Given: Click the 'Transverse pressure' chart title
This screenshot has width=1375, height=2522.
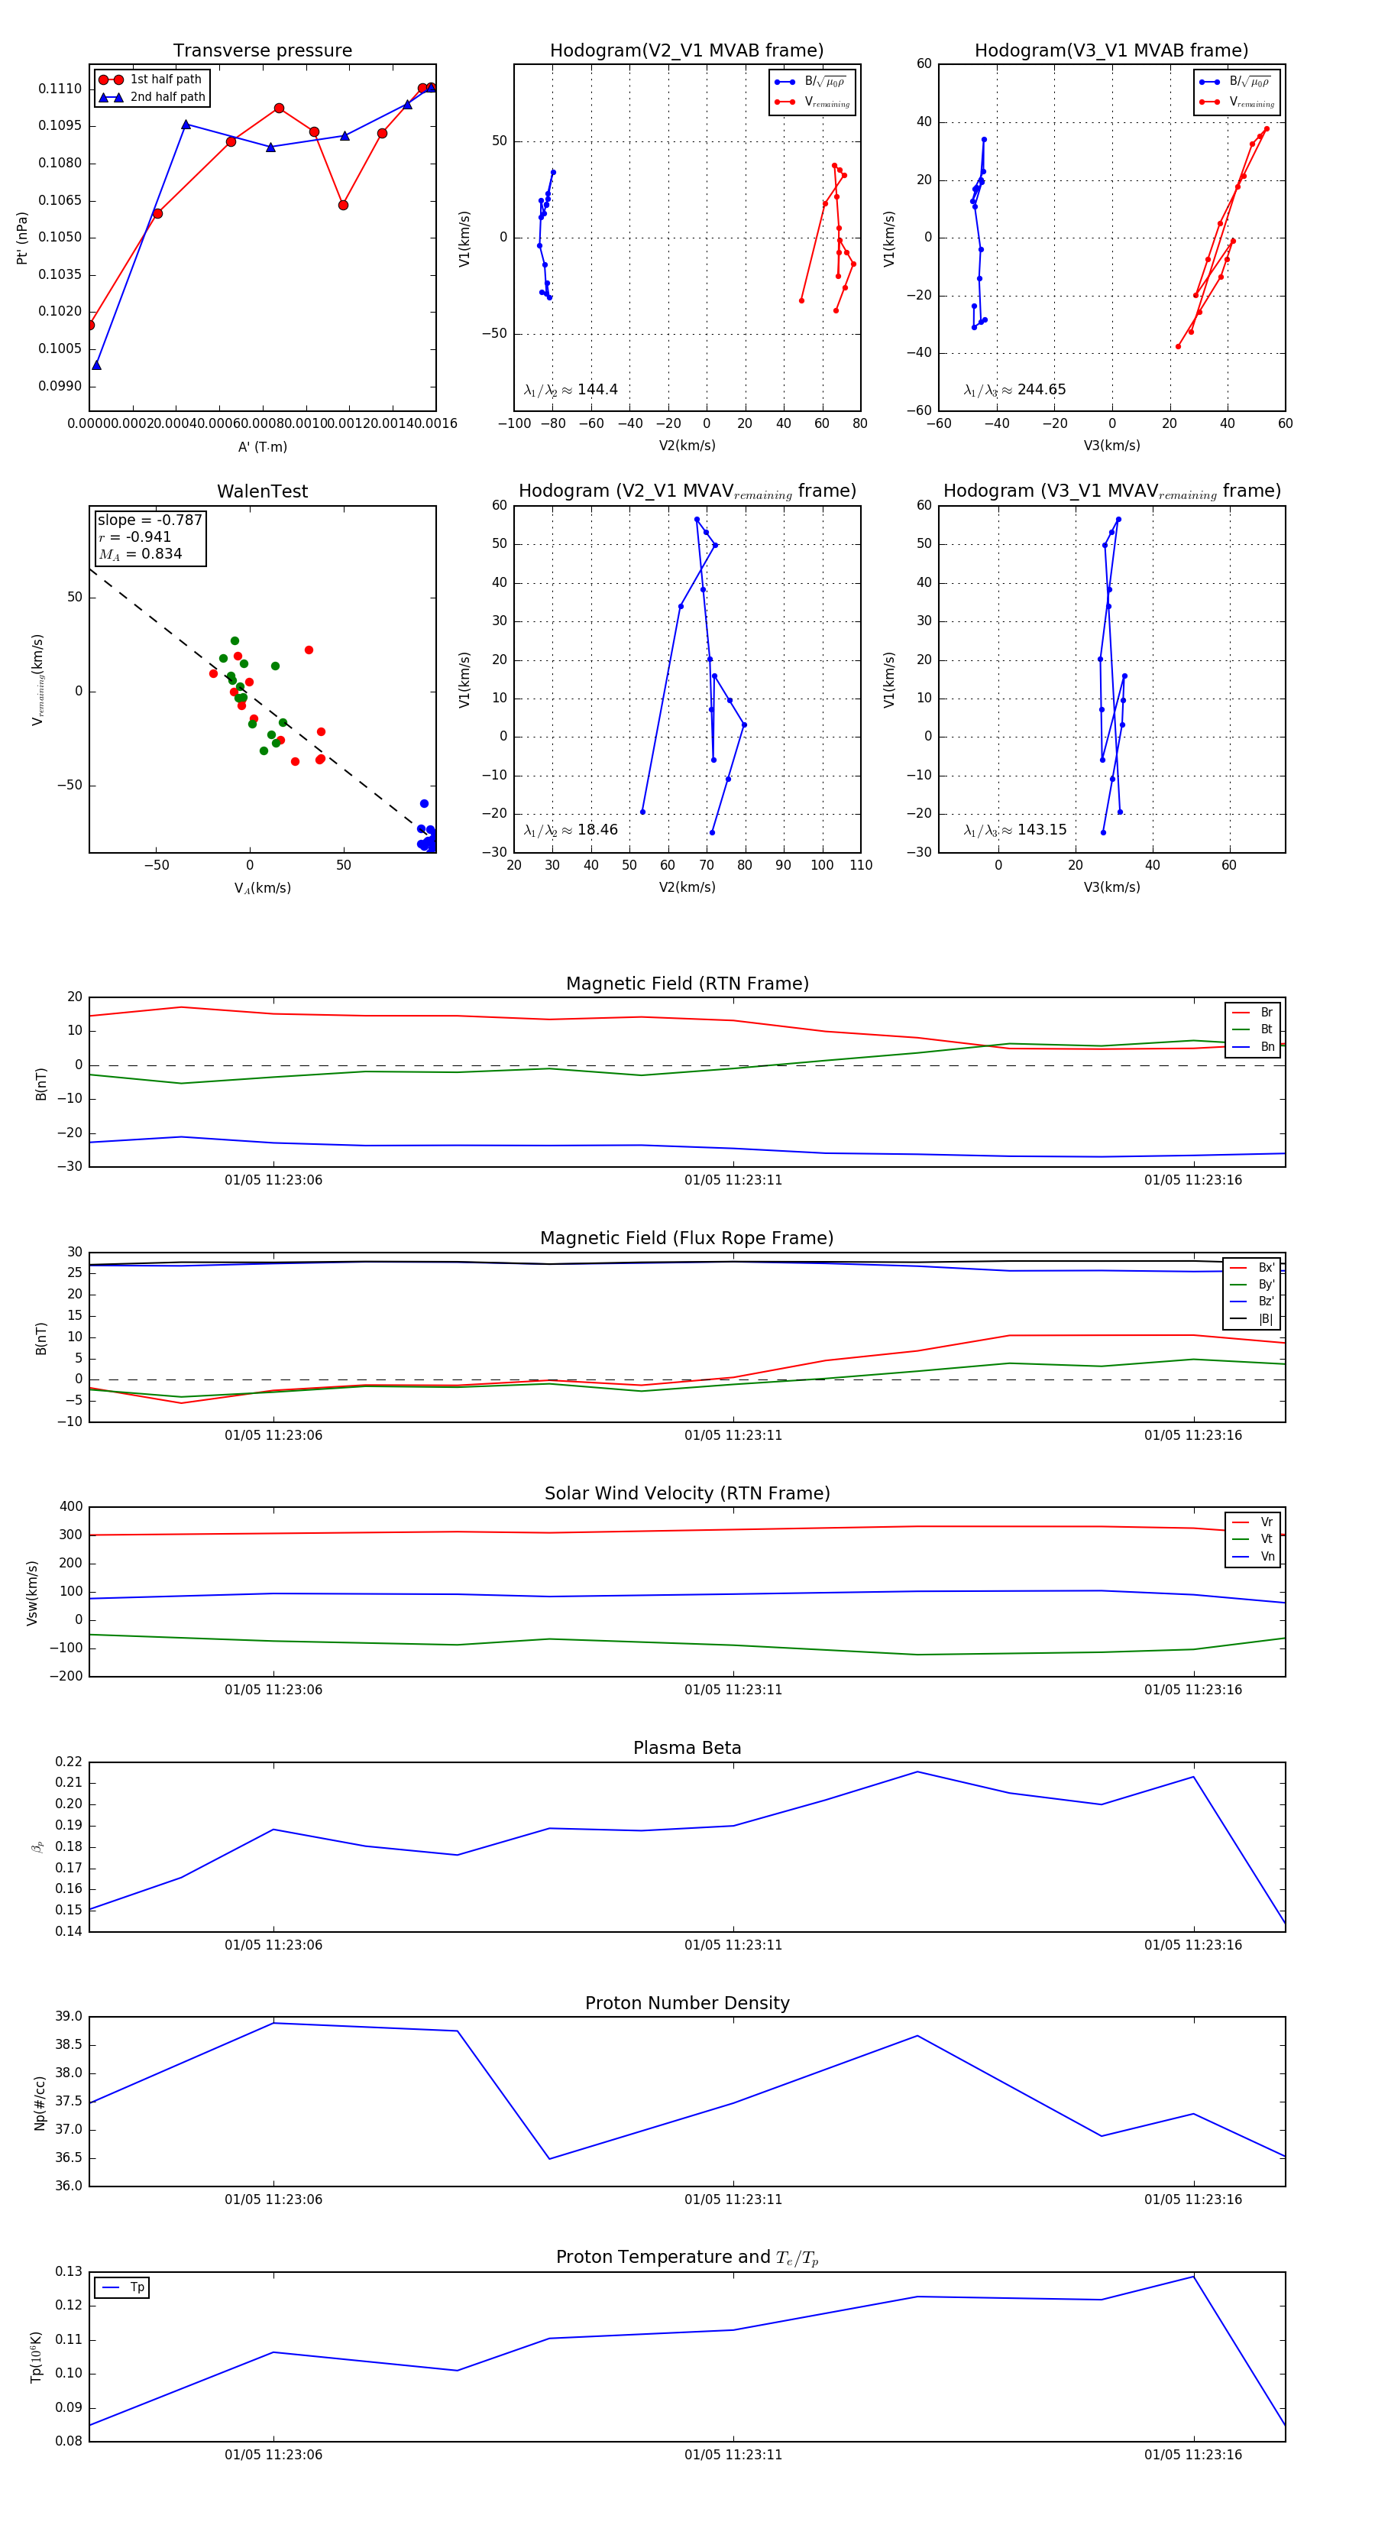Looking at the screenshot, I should pos(262,51).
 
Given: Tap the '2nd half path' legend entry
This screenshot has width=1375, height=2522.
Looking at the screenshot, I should pos(167,97).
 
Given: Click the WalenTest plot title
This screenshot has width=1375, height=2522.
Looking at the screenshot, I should pos(262,491).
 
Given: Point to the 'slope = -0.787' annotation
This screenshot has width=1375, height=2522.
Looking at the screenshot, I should pos(150,520).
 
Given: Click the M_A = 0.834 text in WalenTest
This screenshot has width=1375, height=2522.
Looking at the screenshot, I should pos(140,554).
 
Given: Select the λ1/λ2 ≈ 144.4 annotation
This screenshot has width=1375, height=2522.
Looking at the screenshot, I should pos(571,390).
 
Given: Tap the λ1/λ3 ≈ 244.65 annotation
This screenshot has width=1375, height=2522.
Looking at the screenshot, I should pos(1015,390).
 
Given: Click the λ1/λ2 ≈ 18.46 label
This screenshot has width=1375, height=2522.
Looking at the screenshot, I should pos(571,830).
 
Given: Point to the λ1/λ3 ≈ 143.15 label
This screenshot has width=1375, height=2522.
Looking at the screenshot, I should pos(1015,830).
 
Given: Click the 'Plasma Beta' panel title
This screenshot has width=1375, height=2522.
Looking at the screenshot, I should pos(687,1748).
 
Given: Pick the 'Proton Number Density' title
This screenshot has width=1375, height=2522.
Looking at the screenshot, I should pos(687,2003).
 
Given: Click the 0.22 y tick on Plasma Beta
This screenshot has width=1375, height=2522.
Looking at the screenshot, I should pos(69,1762).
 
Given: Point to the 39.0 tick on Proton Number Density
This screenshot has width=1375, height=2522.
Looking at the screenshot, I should pos(69,2017).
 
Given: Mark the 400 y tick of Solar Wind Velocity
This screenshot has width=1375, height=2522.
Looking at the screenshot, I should pos(70,1507).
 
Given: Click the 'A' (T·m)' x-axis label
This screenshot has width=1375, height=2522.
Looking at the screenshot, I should pos(262,446).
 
